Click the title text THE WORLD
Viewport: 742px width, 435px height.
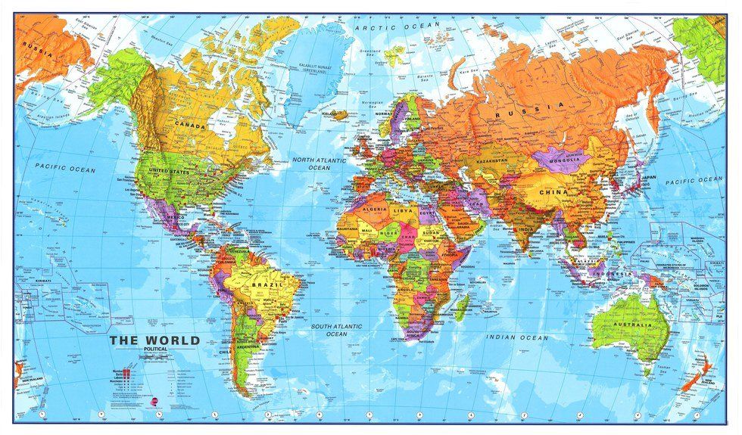(154, 340)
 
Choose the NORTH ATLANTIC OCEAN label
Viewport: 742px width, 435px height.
(319, 164)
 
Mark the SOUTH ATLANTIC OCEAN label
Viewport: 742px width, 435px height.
(335, 331)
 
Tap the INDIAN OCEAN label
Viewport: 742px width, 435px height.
(516, 337)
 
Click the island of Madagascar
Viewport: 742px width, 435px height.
(461, 305)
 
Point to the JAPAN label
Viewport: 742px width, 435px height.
(648, 179)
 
